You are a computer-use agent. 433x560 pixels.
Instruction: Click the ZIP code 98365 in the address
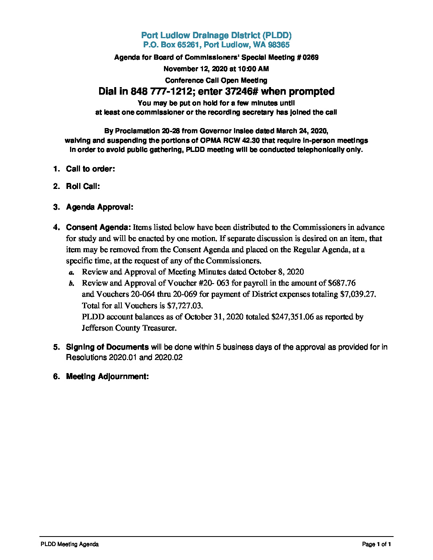click(x=279, y=45)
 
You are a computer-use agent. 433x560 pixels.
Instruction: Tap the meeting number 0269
click(x=310, y=57)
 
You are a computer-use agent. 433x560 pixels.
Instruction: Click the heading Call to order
click(x=90, y=169)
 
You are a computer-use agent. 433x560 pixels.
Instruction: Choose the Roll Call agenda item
click(x=83, y=187)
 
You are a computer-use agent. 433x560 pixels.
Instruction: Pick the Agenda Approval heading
click(x=99, y=207)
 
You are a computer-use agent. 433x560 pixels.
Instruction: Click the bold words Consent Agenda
click(x=98, y=227)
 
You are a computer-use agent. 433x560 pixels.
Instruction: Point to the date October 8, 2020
click(x=276, y=272)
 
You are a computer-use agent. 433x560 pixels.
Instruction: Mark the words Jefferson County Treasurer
click(x=129, y=328)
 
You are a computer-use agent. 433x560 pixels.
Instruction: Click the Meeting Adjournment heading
click(x=107, y=377)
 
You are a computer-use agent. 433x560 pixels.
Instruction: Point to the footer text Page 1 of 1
click(x=376, y=544)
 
